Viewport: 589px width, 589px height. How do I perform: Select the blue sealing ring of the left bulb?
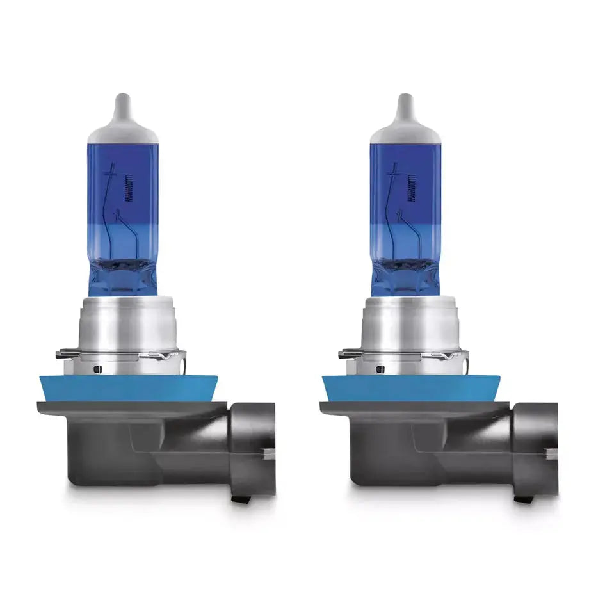click(125, 388)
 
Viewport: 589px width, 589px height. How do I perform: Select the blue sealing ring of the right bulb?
click(410, 388)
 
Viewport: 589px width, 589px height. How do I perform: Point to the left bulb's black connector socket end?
click(254, 442)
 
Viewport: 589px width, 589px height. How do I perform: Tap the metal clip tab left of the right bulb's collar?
click(349, 353)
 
